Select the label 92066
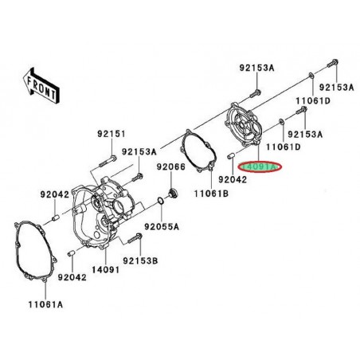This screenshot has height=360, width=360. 170,167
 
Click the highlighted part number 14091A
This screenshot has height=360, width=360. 258,167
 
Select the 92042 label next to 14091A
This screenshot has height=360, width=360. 223,181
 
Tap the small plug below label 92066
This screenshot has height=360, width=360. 170,195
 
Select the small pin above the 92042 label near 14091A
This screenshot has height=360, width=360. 231,156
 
